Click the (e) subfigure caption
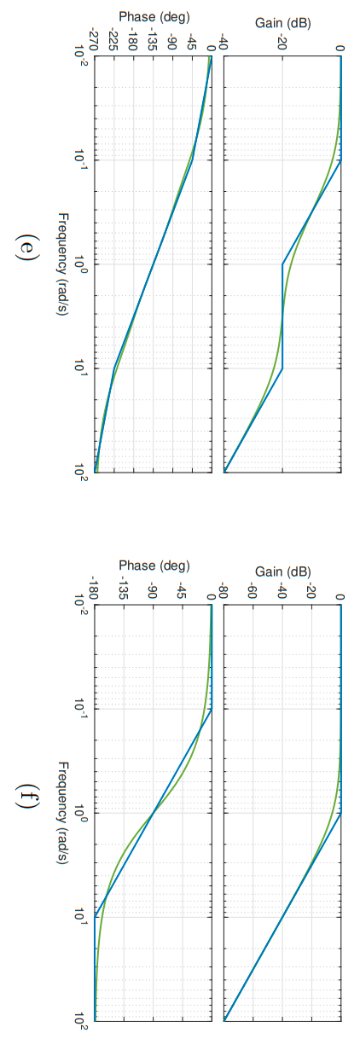click(x=28, y=249)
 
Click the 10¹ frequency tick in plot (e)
click(x=79, y=368)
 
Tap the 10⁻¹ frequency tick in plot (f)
click(x=79, y=709)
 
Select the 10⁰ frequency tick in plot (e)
click(x=79, y=264)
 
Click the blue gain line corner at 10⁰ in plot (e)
click(x=282, y=264)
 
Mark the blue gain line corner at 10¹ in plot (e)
click(x=282, y=368)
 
